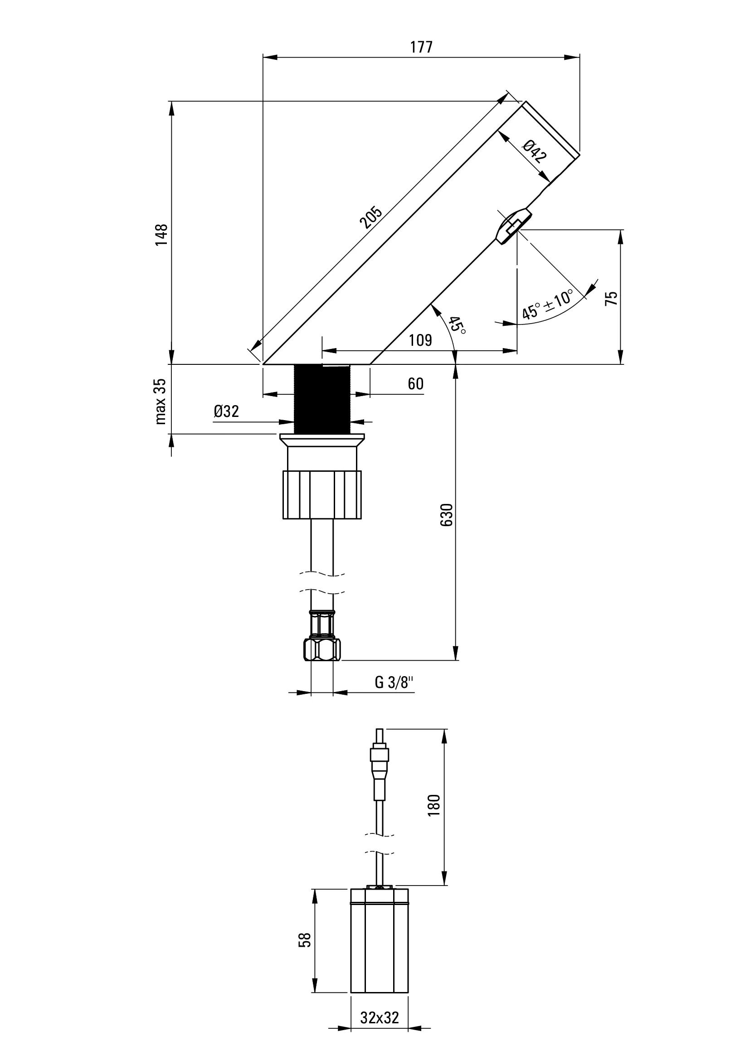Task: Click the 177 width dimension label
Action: [x=421, y=47]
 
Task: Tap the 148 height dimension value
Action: [x=161, y=235]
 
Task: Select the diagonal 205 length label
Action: [x=371, y=218]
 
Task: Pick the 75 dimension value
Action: [x=611, y=298]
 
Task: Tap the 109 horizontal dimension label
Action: [x=420, y=340]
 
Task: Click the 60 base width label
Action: [x=416, y=384]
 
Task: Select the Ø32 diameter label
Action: [x=226, y=411]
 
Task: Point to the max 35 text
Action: [x=160, y=401]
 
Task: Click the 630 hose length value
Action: [x=447, y=515]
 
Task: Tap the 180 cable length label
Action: [x=434, y=805]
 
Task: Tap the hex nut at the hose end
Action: [x=322, y=649]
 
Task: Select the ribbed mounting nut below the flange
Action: [x=322, y=494]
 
